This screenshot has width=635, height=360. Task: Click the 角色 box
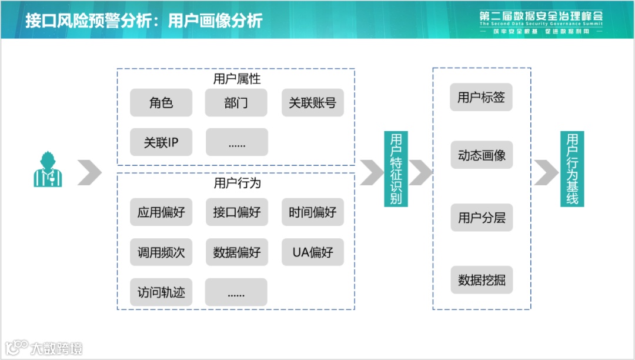161,103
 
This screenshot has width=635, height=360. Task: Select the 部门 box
236,103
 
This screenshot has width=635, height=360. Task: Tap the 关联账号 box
312,103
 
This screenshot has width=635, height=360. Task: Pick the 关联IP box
161,142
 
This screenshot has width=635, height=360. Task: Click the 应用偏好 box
161,212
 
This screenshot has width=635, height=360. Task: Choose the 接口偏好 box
236,212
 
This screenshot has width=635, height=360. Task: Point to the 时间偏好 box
312,212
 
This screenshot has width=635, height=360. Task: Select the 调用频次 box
161,252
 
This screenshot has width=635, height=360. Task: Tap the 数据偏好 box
236,252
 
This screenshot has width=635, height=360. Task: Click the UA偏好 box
312,252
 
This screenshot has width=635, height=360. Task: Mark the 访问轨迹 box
161,292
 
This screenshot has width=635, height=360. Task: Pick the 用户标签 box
481,97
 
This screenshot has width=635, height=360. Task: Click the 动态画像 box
481,156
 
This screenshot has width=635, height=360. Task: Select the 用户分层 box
481,218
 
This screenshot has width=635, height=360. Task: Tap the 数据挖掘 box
481,280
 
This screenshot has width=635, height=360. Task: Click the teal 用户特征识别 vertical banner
396,168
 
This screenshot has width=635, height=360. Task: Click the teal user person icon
47,171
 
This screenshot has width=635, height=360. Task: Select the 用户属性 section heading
236,78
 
